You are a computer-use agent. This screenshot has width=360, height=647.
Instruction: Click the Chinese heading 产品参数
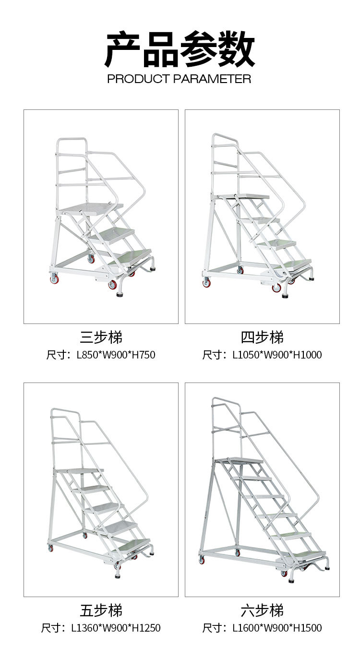coord(180,49)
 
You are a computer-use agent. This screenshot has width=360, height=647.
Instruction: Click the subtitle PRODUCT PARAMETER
coord(179,79)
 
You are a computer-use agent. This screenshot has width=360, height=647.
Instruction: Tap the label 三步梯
coord(101,337)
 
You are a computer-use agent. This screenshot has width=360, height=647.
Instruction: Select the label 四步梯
coord(262,337)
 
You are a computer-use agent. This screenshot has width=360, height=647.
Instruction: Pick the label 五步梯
coord(101,611)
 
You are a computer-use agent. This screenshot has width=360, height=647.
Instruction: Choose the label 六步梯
coord(262,611)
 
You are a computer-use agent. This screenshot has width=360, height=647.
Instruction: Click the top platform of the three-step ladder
coord(91,207)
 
